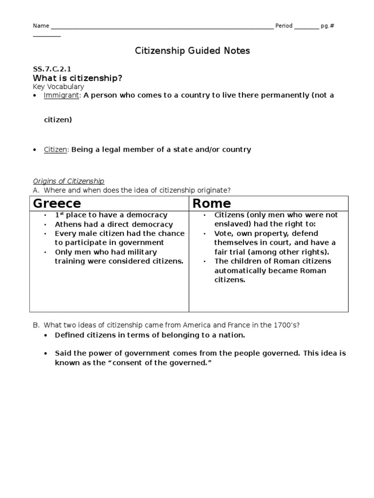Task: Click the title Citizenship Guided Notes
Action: (192, 51)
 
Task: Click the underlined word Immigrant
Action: (61, 95)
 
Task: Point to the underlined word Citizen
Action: (56, 149)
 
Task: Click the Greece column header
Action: (57, 203)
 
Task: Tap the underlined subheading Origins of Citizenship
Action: (68, 181)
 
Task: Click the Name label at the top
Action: (41, 26)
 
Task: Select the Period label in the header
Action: (283, 26)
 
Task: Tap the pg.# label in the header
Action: (328, 26)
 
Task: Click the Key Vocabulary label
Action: (58, 87)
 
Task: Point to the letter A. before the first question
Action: (36, 190)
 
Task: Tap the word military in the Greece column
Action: (143, 252)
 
